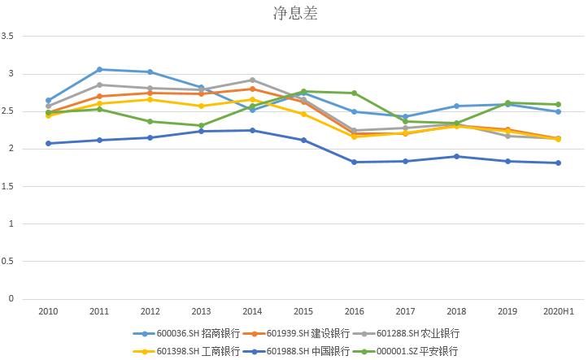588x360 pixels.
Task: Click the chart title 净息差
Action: (x=294, y=14)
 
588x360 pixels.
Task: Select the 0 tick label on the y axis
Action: (x=11, y=299)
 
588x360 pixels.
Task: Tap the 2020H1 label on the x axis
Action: (x=559, y=311)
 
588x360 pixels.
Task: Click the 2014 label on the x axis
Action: (x=252, y=311)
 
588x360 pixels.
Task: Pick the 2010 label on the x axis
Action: (x=48, y=311)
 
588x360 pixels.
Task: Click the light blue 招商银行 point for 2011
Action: (x=99, y=69)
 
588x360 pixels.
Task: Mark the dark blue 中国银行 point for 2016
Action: (x=354, y=162)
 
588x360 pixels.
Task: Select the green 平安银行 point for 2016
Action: (x=354, y=93)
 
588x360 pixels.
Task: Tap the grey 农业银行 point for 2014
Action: (x=252, y=80)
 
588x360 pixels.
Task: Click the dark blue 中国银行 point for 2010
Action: (x=48, y=143)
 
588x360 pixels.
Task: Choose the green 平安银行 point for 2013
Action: (x=201, y=126)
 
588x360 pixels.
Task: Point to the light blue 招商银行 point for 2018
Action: (x=456, y=106)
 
